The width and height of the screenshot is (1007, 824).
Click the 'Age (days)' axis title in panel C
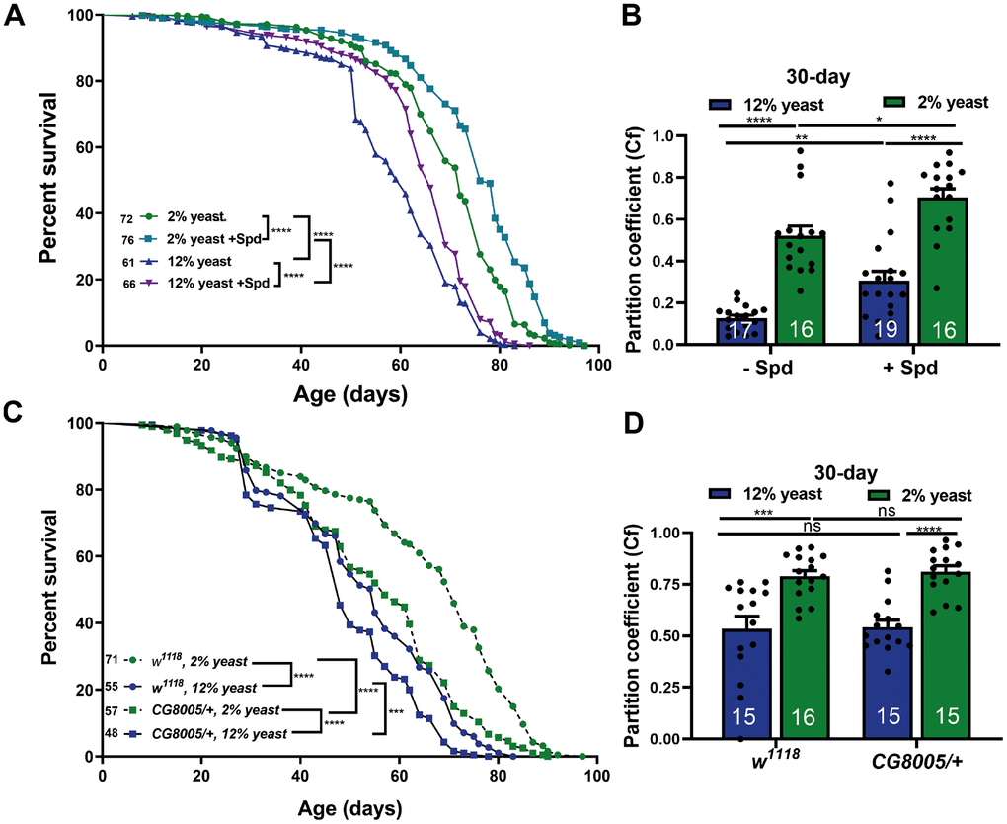(348, 799)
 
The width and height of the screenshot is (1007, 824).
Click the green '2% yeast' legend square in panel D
(883, 495)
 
